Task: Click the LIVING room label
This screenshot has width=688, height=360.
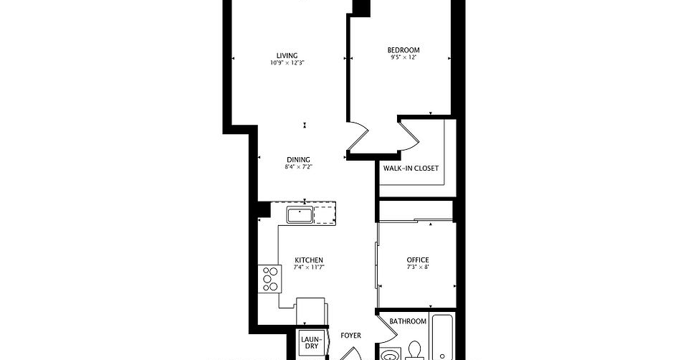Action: (287, 55)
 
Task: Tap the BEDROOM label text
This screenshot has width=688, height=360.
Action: (403, 50)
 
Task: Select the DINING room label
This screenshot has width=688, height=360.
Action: (298, 160)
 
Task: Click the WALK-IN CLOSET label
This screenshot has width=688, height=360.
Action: (411, 168)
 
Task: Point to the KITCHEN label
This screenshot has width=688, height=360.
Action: (309, 260)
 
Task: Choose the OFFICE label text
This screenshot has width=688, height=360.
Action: (418, 260)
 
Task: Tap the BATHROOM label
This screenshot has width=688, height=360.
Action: (408, 321)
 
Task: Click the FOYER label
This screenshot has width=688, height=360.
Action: (351, 336)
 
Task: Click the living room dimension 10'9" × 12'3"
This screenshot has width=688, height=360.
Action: (287, 63)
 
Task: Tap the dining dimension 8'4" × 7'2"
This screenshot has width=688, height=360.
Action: (298, 167)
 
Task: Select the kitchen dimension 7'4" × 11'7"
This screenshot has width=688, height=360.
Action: (310, 267)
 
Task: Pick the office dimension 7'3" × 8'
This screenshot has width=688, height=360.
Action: (418, 267)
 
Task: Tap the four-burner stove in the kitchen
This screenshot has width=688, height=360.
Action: (270, 279)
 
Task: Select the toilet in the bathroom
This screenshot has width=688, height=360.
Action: (414, 351)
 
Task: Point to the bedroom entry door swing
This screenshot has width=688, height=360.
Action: (358, 136)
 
